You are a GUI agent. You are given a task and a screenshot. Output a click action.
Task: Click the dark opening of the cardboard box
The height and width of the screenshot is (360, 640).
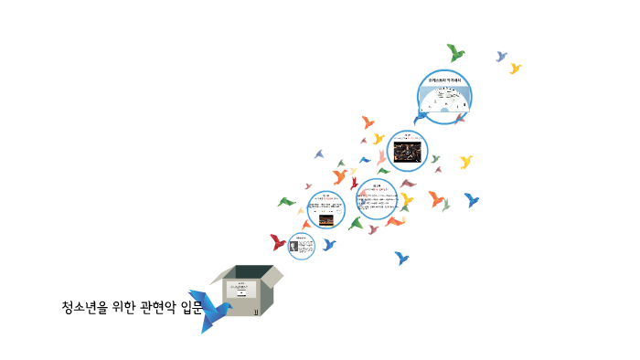click(x=251, y=272)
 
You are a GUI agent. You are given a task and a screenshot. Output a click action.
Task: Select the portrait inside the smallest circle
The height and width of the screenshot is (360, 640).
click(x=294, y=246)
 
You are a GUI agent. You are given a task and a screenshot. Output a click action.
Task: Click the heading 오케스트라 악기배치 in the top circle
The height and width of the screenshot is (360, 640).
click(x=444, y=81)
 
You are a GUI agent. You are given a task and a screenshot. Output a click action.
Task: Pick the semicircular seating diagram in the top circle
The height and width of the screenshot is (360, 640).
click(x=444, y=101)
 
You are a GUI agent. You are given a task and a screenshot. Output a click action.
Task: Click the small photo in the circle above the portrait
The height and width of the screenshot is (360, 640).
click(x=325, y=219)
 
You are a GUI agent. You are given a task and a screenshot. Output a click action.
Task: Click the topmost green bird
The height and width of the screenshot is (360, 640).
click(x=454, y=53)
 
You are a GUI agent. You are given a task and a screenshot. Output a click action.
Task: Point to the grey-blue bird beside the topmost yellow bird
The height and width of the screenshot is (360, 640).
click(x=501, y=57)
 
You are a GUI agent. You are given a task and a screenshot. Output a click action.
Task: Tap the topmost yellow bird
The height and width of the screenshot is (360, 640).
click(x=516, y=69)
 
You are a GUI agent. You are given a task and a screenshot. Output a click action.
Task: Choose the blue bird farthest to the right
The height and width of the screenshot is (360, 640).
click(x=472, y=199)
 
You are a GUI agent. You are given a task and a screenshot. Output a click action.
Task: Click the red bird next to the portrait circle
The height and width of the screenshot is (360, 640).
click(x=278, y=242)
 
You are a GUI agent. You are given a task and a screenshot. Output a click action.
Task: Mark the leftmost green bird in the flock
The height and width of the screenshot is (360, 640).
click(x=287, y=202)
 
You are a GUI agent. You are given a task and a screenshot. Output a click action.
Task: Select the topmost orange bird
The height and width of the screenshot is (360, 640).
click(x=368, y=122)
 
